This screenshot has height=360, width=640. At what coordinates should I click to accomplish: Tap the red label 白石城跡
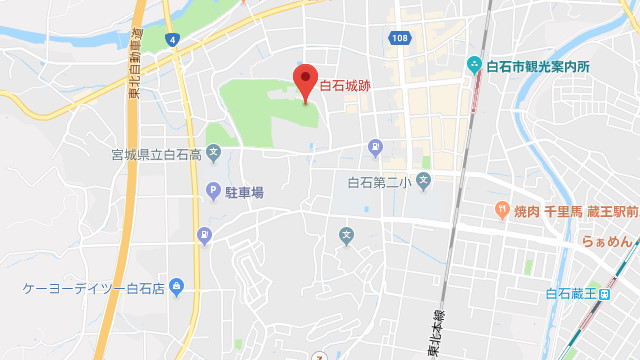click(x=345, y=87)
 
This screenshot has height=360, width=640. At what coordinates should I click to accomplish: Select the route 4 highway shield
click(x=174, y=39)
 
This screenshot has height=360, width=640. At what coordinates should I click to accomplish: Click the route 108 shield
click(x=400, y=38)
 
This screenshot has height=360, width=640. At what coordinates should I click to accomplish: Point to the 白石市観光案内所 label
click(x=538, y=67)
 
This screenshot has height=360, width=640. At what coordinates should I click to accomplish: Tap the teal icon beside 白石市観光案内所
click(x=474, y=67)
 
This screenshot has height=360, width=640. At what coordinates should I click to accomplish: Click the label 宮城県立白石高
click(x=157, y=155)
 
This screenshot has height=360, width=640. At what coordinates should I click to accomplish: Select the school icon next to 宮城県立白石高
click(x=213, y=154)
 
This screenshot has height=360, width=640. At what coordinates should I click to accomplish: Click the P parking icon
click(x=213, y=191)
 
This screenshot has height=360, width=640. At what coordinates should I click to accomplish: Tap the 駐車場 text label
click(x=244, y=191)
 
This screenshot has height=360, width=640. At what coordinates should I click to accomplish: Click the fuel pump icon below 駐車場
click(x=204, y=236)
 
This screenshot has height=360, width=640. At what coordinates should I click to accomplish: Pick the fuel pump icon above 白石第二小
click(x=375, y=147)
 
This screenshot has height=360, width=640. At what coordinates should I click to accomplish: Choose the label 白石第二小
click(x=378, y=182)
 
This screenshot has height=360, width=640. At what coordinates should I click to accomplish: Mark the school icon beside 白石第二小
click(x=423, y=181)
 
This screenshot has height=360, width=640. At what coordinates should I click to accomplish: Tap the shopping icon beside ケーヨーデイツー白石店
click(x=177, y=288)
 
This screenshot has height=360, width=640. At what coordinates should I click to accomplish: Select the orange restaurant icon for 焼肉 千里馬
click(x=500, y=210)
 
